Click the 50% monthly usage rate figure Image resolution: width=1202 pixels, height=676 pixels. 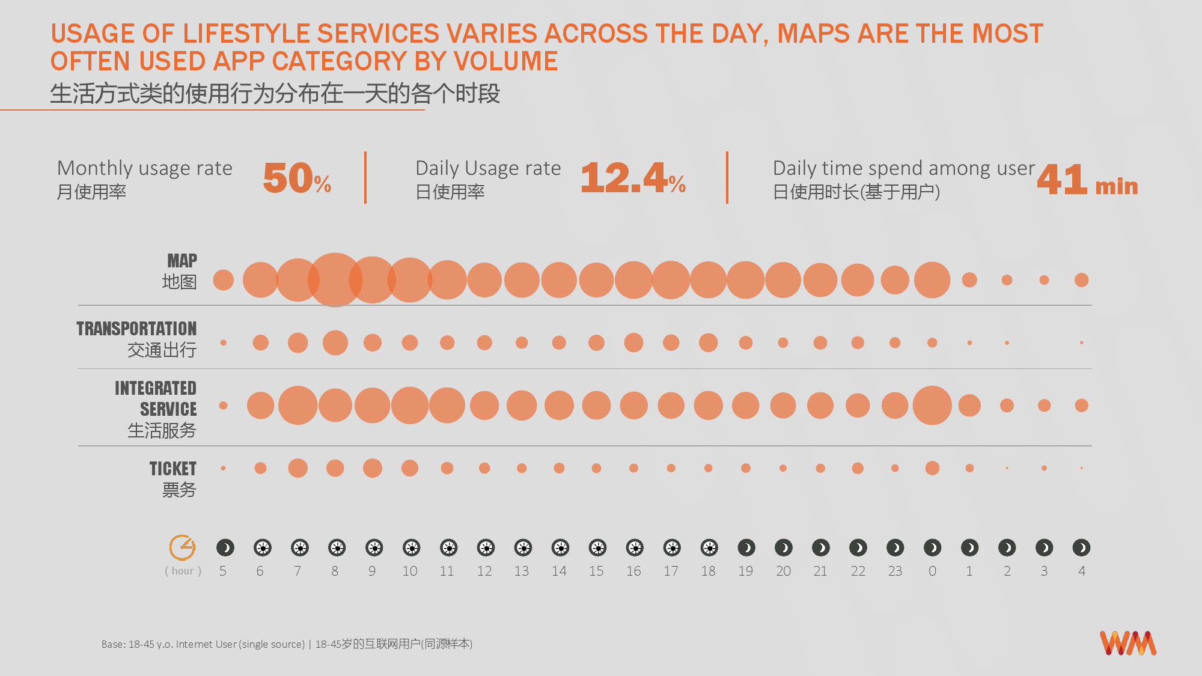[297, 178]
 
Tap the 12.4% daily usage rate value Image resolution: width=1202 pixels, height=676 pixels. [633, 178]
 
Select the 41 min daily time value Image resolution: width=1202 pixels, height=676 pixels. [1087, 180]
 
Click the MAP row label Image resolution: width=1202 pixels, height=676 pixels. [182, 261]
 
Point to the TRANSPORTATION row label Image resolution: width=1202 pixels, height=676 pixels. [136, 329]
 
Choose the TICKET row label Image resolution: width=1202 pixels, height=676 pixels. [173, 469]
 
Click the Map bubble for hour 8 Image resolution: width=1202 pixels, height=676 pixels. [335, 280]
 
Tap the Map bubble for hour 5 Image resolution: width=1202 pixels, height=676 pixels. [223, 280]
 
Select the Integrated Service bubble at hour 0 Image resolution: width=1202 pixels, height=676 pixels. [932, 406]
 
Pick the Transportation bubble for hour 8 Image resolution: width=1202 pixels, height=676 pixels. [335, 343]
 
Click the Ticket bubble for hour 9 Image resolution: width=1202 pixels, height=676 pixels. [372, 468]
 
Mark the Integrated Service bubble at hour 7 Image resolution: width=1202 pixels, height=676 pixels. [297, 406]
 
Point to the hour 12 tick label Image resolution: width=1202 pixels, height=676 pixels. [484, 571]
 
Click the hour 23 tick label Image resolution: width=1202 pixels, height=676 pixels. [895, 571]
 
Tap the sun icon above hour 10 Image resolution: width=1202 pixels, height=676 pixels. [411, 547]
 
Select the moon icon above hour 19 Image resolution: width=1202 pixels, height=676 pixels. [746, 547]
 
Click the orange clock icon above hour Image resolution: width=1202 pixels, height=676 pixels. [182, 547]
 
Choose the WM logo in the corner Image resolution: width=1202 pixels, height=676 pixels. [1128, 643]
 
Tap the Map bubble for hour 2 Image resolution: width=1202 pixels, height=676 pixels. [1007, 280]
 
